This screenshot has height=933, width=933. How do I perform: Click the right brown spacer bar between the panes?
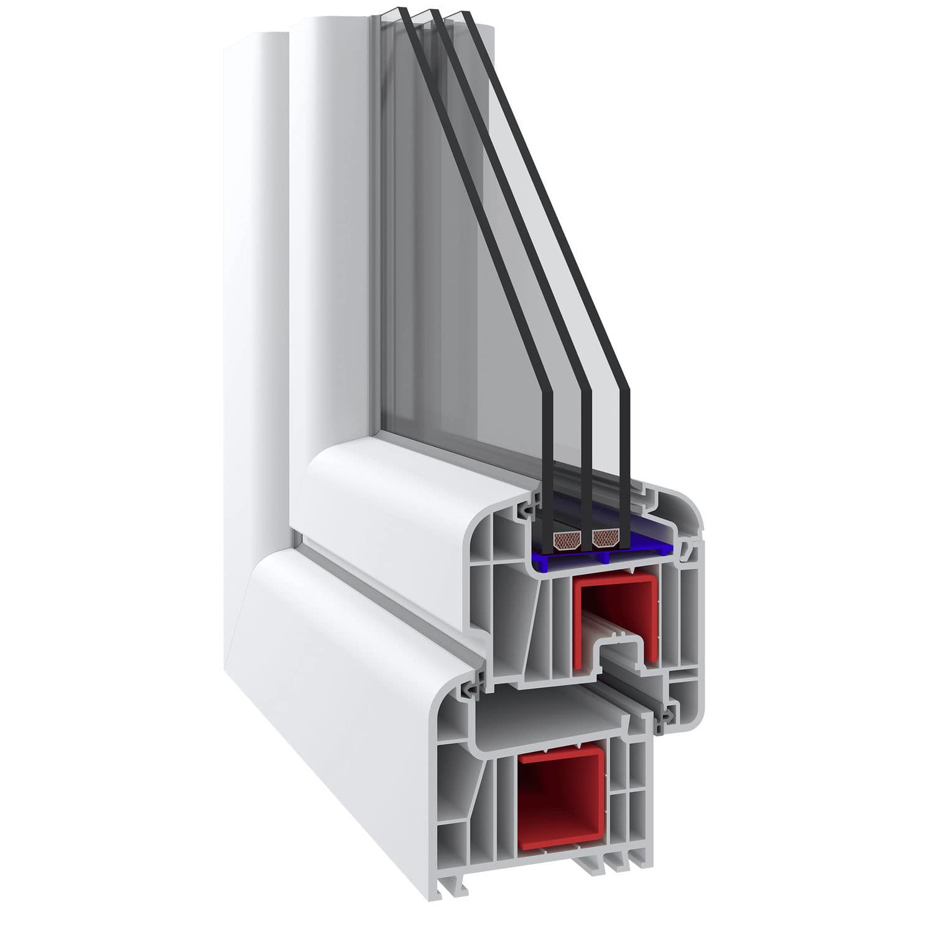coord(606,538)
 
